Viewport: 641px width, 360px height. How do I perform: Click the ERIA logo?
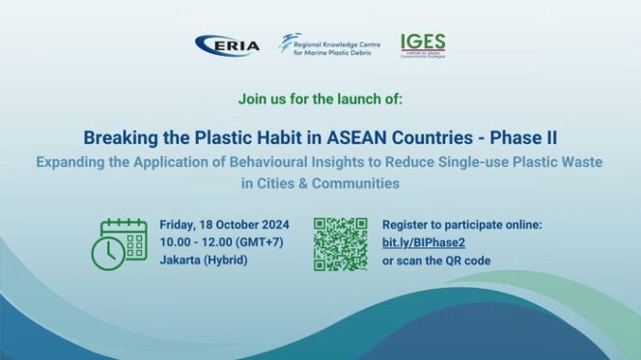227,45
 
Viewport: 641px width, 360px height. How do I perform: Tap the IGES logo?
423,45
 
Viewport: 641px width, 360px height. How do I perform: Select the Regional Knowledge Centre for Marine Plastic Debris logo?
324,45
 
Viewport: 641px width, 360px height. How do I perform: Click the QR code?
340,243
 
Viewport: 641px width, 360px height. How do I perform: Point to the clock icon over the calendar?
107,254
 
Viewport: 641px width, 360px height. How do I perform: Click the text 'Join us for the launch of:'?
320,99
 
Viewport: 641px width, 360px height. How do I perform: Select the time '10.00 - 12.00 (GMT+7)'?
221,242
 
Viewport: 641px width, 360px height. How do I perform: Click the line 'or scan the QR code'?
436,261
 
